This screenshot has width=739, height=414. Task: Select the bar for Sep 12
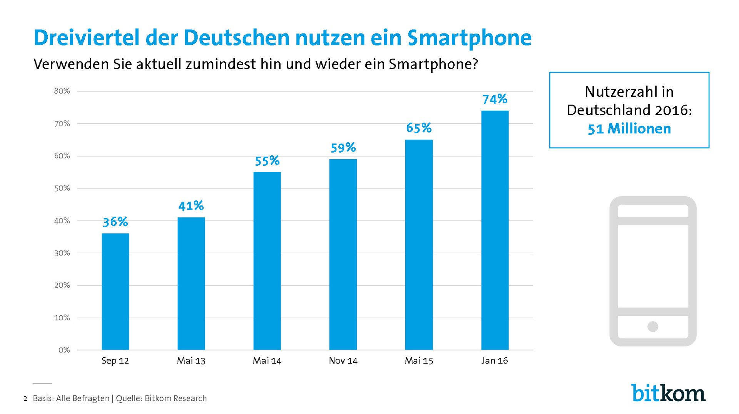(x=115, y=291)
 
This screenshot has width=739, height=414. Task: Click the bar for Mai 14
(x=267, y=261)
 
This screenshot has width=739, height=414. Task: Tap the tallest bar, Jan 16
(x=495, y=230)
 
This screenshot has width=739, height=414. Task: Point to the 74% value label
(x=495, y=99)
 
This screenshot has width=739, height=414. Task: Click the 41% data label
(x=191, y=205)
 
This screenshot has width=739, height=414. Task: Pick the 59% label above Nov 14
(x=343, y=147)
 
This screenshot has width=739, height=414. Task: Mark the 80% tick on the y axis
(x=62, y=91)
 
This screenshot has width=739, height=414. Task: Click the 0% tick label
(x=64, y=350)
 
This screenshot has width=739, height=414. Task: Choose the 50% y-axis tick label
(x=62, y=188)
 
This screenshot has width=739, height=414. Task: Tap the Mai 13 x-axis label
(x=191, y=361)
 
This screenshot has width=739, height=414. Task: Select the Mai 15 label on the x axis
(x=419, y=361)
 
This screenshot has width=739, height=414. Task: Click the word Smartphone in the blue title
(x=469, y=38)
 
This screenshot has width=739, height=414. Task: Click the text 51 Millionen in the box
(x=629, y=129)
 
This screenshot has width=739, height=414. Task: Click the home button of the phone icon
(x=653, y=326)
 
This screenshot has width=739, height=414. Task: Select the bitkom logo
(x=668, y=393)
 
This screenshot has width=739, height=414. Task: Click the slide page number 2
(x=25, y=399)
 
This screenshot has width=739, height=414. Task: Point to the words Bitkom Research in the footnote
(x=176, y=399)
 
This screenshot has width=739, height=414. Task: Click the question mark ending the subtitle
(x=475, y=64)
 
